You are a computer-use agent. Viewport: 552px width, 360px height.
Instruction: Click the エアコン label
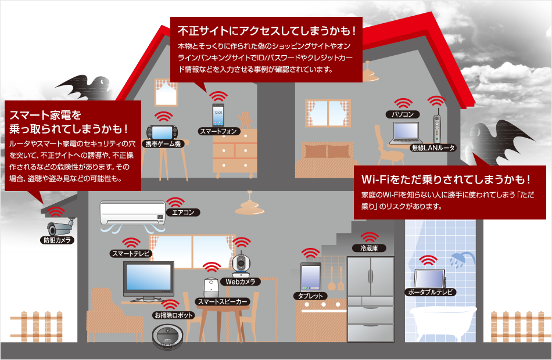pos(183,213)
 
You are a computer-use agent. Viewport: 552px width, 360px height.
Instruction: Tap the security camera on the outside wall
pos(60,226)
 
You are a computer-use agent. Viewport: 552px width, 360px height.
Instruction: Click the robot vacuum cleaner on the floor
pos(171,334)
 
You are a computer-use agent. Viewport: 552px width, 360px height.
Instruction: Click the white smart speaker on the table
pos(211,287)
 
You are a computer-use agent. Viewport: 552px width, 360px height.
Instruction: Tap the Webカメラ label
pos(243,282)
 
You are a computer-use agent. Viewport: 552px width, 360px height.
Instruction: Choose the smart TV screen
pos(148,278)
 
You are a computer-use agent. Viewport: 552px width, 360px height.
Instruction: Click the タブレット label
pos(310,296)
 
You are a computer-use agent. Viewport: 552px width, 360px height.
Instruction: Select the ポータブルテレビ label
pos(431,291)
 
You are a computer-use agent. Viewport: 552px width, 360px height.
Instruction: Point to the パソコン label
pos(402,114)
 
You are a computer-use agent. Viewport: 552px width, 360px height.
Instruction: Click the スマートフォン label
pos(218,132)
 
